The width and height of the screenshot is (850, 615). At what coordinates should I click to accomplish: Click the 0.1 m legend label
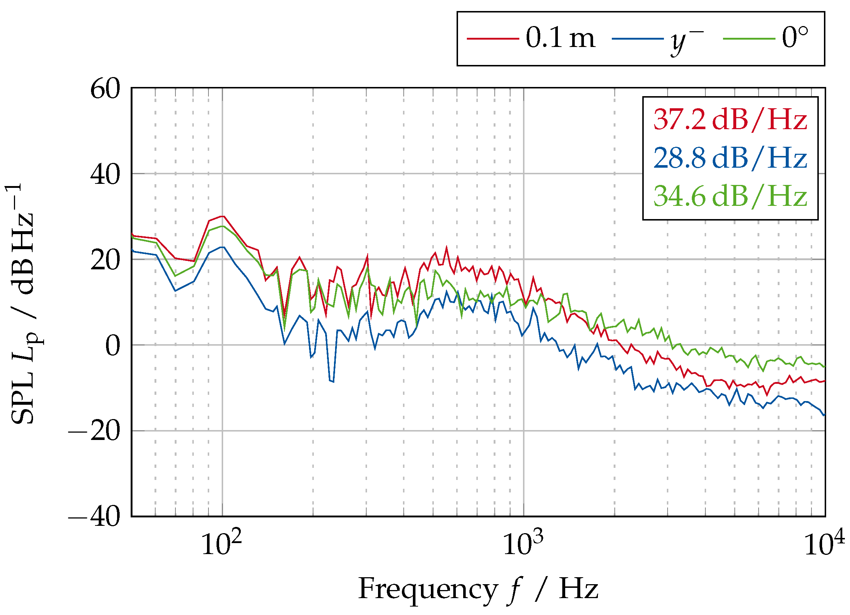click(x=560, y=38)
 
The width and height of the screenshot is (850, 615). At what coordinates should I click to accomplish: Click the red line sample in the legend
click(x=493, y=39)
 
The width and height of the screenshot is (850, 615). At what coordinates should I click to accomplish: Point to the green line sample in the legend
click(x=748, y=39)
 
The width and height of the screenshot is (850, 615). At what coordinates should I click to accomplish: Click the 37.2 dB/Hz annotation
click(x=730, y=120)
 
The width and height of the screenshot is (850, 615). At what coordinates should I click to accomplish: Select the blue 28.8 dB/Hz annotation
click(x=730, y=158)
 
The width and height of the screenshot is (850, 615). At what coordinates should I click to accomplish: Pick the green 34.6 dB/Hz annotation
click(x=730, y=196)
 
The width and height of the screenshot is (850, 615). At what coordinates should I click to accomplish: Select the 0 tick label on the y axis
click(x=112, y=346)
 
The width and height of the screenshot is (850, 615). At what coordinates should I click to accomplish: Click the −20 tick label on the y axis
click(x=94, y=432)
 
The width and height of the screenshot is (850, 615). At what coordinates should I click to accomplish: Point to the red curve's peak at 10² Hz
click(x=222, y=216)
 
